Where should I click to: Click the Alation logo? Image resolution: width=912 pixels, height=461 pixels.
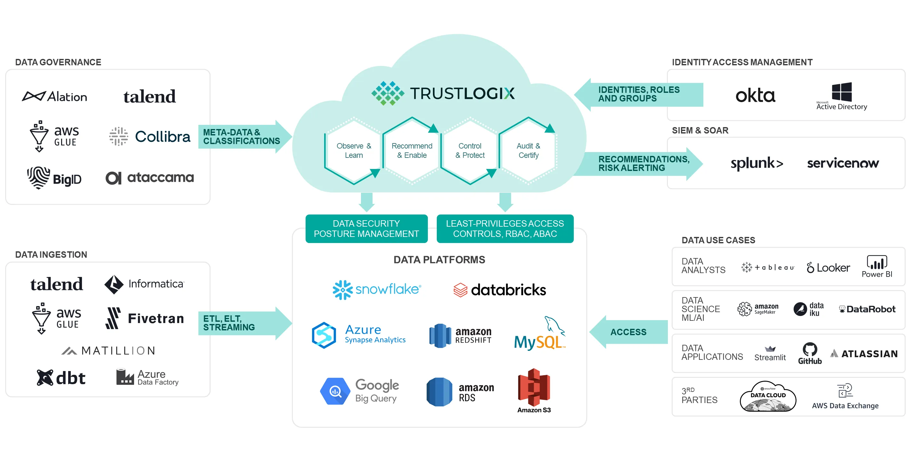(x=54, y=96)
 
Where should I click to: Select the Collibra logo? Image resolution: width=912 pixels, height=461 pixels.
(x=149, y=136)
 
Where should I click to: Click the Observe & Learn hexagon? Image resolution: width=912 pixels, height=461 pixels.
(x=353, y=150)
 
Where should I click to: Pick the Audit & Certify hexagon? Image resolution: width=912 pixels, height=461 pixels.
(x=528, y=150)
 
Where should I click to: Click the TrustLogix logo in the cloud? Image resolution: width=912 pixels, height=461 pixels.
(x=443, y=93)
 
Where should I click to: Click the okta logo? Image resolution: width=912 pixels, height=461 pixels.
(x=755, y=96)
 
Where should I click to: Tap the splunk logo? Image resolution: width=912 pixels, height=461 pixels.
(x=756, y=163)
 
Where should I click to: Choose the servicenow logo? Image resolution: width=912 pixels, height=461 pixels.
(x=843, y=163)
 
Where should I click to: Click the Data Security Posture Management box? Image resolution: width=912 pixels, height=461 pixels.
(x=366, y=229)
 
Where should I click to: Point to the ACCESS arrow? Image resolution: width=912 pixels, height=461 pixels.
(x=628, y=332)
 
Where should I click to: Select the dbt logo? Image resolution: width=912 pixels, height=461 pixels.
(x=61, y=378)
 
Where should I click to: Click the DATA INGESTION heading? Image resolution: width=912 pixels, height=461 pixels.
(x=51, y=254)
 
